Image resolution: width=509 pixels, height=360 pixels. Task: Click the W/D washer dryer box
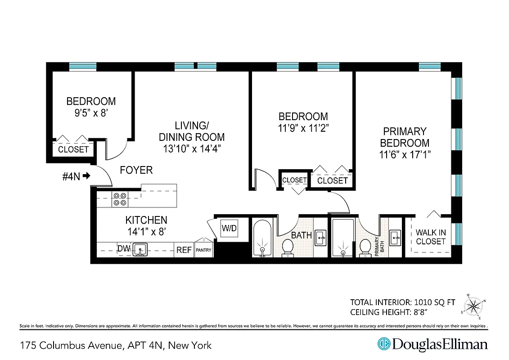click(229, 229)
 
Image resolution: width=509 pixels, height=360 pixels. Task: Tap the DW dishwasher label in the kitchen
click(124, 249)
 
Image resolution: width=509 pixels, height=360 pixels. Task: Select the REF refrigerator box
click(184, 250)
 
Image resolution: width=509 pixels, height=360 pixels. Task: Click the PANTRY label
click(203, 251)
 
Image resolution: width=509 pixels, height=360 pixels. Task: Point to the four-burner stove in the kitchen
click(119, 199)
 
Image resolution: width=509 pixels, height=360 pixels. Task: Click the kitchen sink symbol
click(140, 249)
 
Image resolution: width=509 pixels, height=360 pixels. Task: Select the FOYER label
click(136, 170)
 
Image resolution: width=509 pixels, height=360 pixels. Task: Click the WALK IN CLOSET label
click(431, 237)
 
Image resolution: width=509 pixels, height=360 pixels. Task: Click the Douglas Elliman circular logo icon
click(383, 344)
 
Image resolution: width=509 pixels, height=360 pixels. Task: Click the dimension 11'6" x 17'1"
click(404, 155)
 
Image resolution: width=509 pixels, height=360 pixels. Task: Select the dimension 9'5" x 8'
click(91, 113)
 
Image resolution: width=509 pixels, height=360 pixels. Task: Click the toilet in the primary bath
click(365, 248)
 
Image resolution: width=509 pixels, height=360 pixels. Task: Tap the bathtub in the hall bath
click(261, 238)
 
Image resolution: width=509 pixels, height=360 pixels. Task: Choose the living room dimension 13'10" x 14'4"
click(192, 149)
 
